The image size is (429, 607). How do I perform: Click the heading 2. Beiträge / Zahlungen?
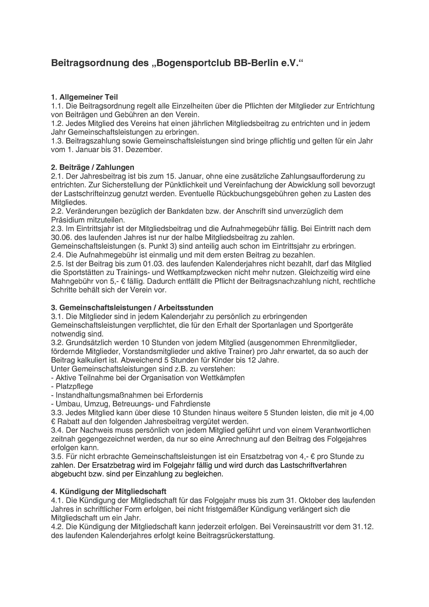point(93,167)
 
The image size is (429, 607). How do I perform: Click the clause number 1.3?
point(57,141)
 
